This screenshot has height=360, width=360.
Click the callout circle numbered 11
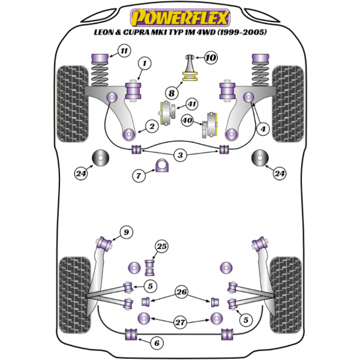point(124,51)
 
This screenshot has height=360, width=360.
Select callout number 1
point(144,63)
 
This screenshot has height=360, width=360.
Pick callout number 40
point(187,121)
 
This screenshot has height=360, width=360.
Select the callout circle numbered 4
point(262,127)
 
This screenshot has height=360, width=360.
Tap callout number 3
point(179,156)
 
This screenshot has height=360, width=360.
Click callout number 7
point(139,176)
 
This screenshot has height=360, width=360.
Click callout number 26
point(182,292)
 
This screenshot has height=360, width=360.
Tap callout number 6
point(157,343)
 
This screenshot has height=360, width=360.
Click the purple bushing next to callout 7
point(162,166)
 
